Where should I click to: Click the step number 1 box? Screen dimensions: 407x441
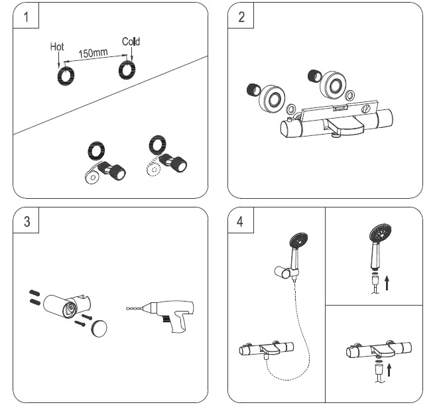[26, 17]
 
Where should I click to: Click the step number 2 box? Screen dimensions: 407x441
[241, 17]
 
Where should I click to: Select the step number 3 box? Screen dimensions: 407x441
[26, 221]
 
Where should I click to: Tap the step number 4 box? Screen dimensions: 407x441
[241, 221]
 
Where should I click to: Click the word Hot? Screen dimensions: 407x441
[58, 47]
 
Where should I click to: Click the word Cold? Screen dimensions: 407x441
[131, 42]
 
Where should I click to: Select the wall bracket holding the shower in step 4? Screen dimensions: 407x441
[284, 272]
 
